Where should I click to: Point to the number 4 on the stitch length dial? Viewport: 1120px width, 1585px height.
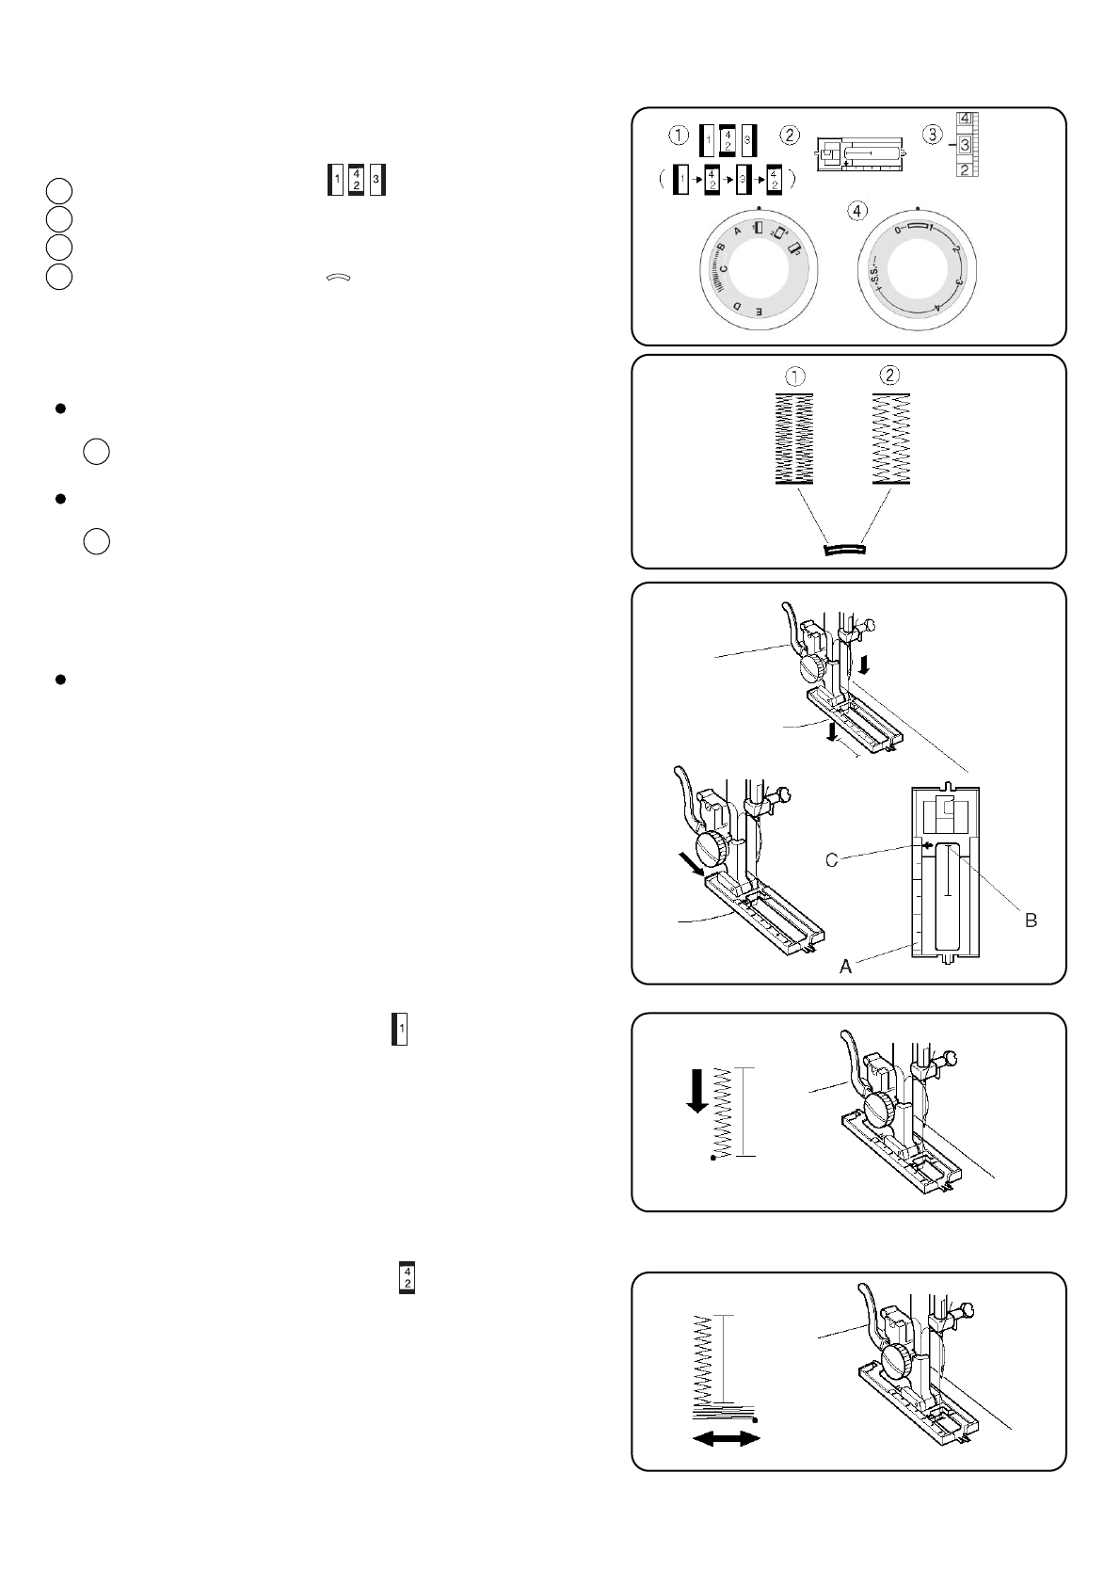tap(937, 308)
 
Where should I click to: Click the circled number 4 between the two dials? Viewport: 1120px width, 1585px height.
tap(855, 211)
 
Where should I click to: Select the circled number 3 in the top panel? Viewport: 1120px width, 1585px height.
tap(931, 135)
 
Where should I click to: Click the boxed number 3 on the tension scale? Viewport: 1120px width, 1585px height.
tap(965, 145)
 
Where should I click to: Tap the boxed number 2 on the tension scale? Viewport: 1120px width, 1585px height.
tap(965, 169)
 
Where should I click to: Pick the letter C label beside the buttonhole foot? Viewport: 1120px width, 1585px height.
tap(832, 860)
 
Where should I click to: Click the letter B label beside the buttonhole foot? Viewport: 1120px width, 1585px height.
tap(1031, 921)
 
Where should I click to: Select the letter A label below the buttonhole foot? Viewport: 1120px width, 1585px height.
tap(845, 967)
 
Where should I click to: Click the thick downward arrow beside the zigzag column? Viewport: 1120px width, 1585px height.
tap(697, 1090)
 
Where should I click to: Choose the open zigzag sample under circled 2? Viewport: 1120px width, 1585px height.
tap(889, 439)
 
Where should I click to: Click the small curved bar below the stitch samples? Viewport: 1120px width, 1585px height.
tap(842, 548)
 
